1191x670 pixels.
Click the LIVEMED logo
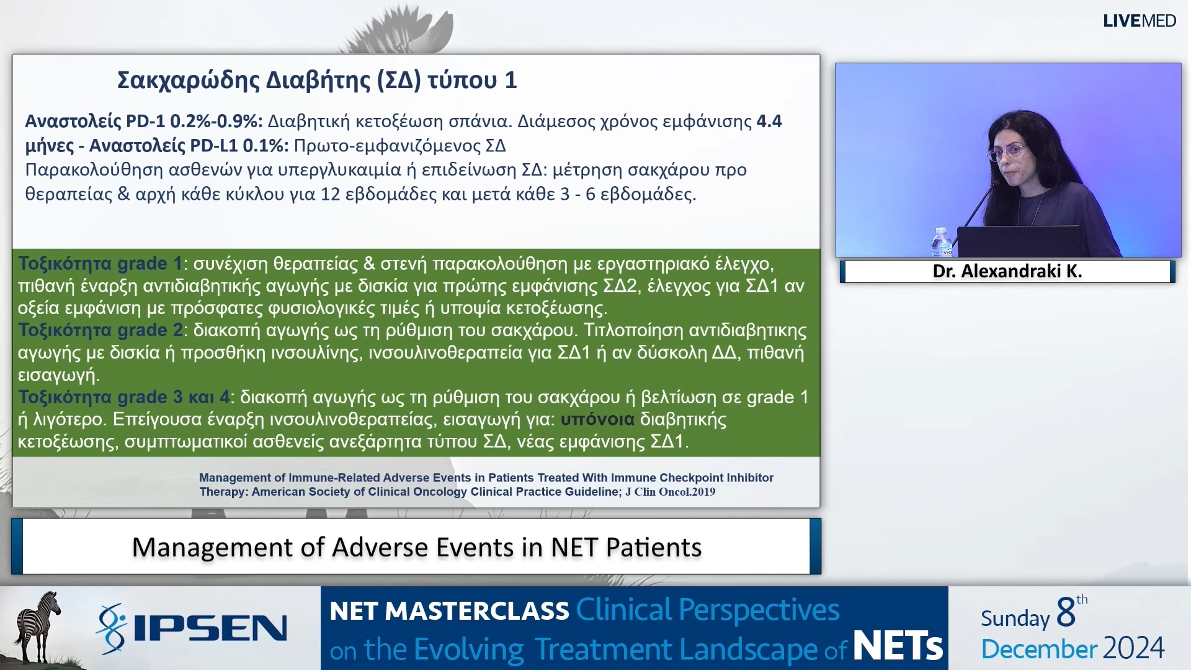[x=1139, y=20]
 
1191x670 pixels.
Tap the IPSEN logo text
[x=210, y=628]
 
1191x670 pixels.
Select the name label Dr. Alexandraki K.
[x=1007, y=271]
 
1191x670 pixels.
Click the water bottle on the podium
[x=941, y=241]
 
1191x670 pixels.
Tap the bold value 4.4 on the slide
[x=769, y=121]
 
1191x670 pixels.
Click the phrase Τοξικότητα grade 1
[x=100, y=264]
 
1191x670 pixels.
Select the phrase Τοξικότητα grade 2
[x=100, y=330]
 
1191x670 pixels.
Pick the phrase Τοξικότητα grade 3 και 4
[x=123, y=397]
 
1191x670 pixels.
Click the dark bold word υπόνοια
[x=597, y=419]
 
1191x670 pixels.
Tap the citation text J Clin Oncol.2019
[x=670, y=492]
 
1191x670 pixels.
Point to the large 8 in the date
[x=1065, y=612]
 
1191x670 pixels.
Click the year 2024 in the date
[x=1134, y=648]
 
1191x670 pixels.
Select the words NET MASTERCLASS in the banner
[x=449, y=611]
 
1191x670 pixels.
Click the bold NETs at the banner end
[x=898, y=646]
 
